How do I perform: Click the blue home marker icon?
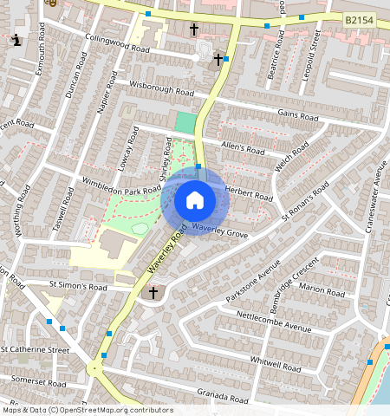(x=195, y=200)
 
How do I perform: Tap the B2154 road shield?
(x=362, y=18)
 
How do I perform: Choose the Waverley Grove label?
(x=220, y=231)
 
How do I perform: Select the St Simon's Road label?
(x=78, y=285)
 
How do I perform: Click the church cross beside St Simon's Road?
(x=153, y=293)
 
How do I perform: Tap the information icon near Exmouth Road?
(x=17, y=40)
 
